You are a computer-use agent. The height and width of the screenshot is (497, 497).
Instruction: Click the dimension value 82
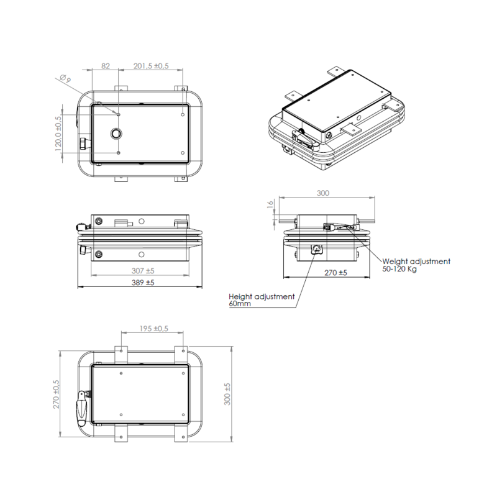click(106, 66)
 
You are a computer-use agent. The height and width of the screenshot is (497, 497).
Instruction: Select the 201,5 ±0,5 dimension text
click(151, 66)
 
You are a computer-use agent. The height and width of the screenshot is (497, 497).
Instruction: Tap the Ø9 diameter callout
click(65, 79)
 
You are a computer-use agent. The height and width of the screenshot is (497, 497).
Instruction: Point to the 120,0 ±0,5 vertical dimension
click(58, 133)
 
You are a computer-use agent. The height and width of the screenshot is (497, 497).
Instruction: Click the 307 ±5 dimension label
click(143, 271)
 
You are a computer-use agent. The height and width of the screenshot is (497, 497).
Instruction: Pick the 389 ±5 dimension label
click(143, 283)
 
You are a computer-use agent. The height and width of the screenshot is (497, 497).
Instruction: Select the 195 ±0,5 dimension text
click(153, 329)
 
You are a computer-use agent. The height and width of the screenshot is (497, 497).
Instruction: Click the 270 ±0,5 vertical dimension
click(57, 394)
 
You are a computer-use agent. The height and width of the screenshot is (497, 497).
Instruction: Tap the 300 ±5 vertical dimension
click(227, 394)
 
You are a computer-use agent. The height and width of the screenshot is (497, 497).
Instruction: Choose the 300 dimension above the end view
click(323, 193)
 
